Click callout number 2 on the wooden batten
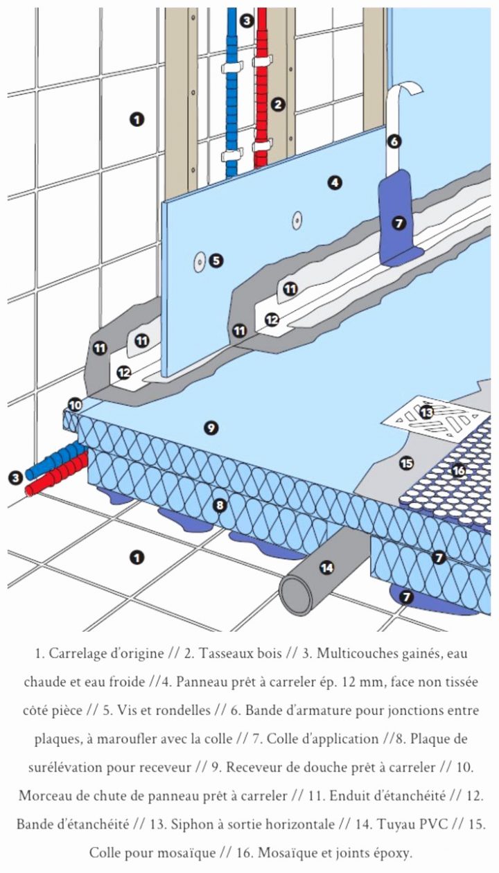[278, 105]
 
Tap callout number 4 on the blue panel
[335, 183]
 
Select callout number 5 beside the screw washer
[216, 261]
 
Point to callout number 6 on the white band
[394, 141]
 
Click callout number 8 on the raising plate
[220, 505]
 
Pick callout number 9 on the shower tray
[211, 428]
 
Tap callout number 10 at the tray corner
[75, 405]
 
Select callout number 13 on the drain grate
[427, 412]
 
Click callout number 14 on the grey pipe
[326, 568]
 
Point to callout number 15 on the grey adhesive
[406, 463]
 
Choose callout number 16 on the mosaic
[458, 470]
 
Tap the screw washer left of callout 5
[198, 261]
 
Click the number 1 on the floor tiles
[137, 557]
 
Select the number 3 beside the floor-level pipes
[15, 477]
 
